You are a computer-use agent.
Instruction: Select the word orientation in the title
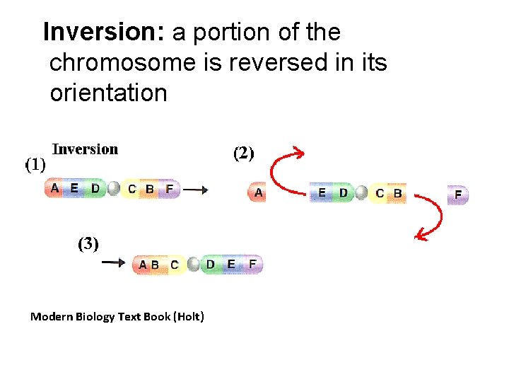[108, 93]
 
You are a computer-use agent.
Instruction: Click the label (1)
[36, 165]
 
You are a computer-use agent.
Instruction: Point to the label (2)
[244, 153]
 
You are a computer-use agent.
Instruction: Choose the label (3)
[88, 244]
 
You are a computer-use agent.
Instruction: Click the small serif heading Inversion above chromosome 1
[86, 149]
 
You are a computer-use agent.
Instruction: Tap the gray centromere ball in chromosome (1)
[113, 189]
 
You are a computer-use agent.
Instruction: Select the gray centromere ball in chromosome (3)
[194, 265]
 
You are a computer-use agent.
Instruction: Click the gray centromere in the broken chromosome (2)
[361, 193]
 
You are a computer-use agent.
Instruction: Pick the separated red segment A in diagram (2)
[257, 192]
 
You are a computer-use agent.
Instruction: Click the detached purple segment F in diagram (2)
[458, 193]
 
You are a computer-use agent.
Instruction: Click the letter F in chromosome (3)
[253, 265]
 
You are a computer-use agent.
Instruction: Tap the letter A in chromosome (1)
[55, 188]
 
